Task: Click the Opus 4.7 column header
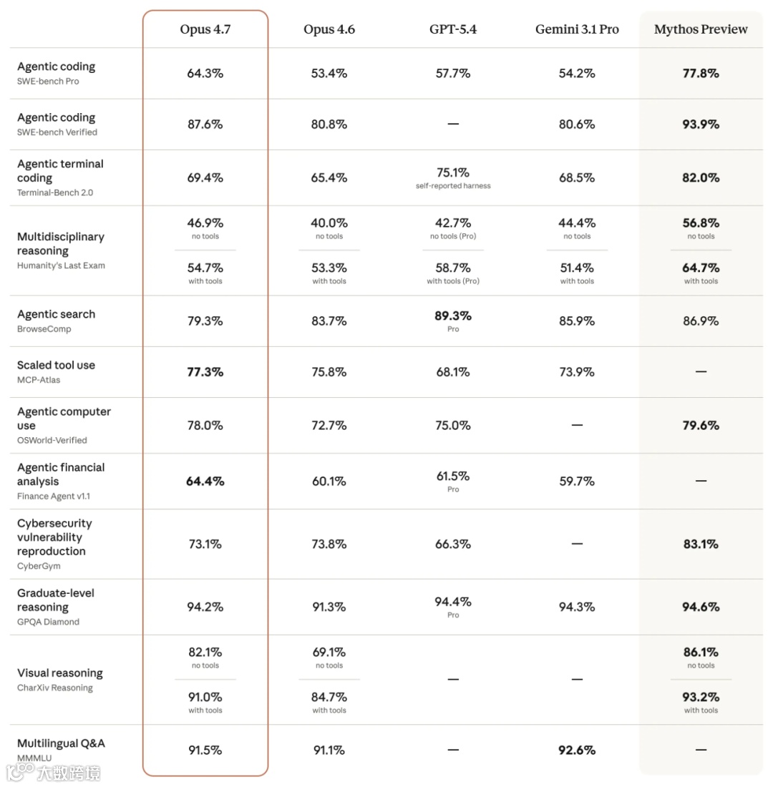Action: (x=205, y=29)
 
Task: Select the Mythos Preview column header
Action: (x=701, y=29)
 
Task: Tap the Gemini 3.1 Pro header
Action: (x=577, y=29)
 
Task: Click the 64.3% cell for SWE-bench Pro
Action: (x=205, y=73)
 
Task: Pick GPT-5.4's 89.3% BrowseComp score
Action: (x=453, y=316)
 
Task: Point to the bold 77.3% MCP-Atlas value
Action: (x=205, y=371)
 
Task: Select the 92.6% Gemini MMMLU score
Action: (x=577, y=750)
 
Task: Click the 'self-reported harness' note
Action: (x=453, y=186)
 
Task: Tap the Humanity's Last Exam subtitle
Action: (x=61, y=265)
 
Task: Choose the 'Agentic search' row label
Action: (x=56, y=314)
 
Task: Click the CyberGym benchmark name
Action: (x=39, y=566)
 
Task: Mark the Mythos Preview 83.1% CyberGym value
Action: (x=701, y=544)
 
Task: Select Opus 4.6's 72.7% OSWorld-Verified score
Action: (x=329, y=425)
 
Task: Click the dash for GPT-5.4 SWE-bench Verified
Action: (x=453, y=124)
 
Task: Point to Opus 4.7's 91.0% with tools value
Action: (x=205, y=697)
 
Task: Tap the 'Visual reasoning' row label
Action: (x=59, y=673)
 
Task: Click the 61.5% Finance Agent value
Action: (x=453, y=476)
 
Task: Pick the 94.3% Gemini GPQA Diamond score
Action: (x=577, y=607)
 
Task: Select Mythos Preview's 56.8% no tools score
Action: (x=701, y=223)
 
